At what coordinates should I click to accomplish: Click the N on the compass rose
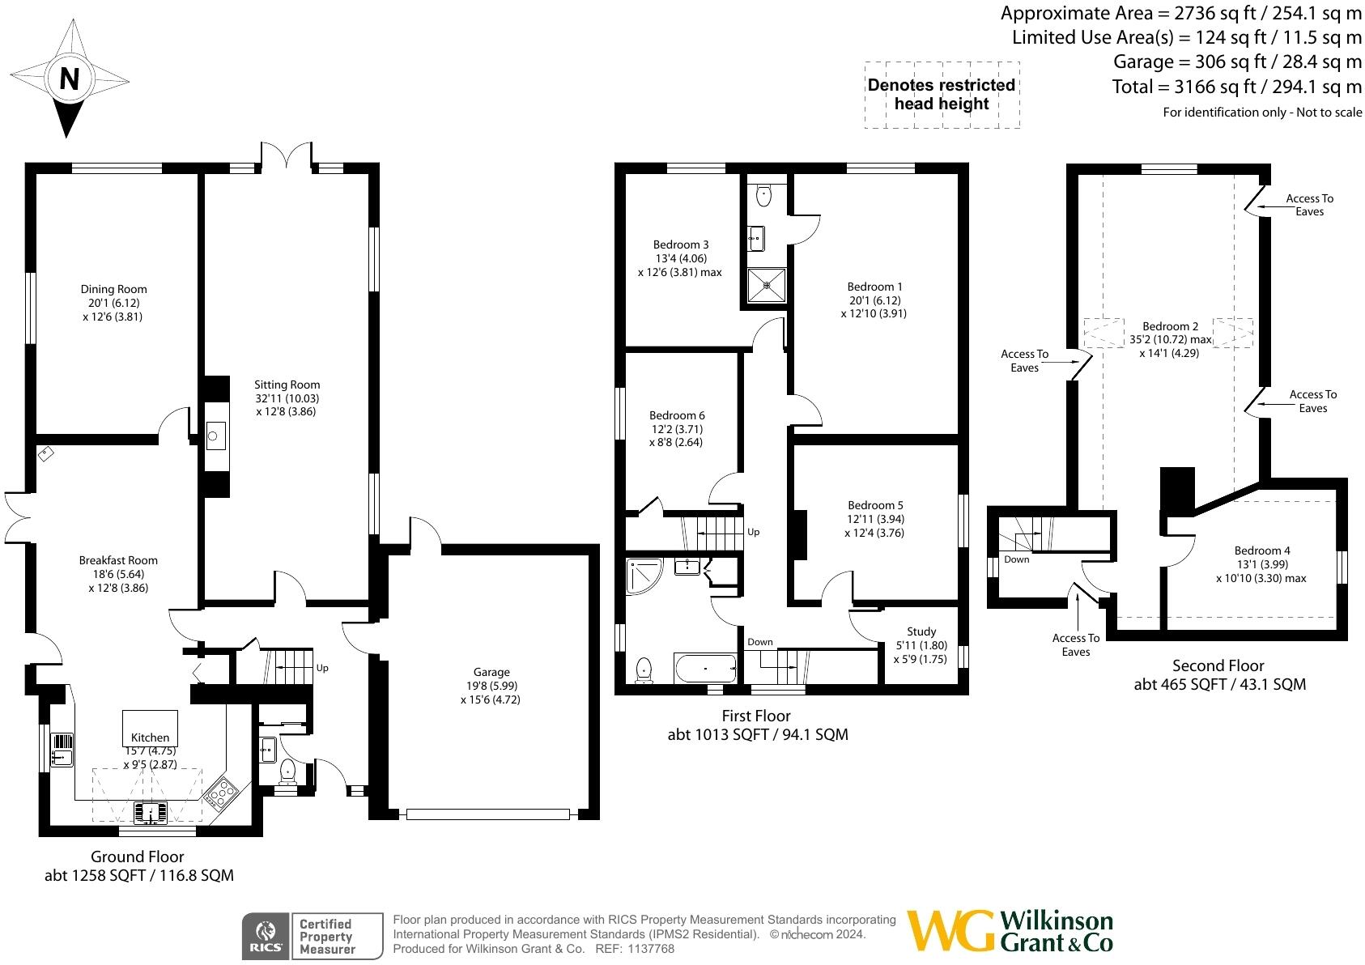click(70, 79)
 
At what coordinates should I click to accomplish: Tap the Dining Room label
click(113, 289)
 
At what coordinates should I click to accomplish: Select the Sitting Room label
click(287, 385)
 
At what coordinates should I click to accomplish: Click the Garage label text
click(491, 672)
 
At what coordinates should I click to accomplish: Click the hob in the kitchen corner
click(219, 793)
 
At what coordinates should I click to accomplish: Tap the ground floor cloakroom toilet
click(287, 773)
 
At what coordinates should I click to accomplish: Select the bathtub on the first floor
click(705, 669)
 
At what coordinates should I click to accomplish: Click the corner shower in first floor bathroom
click(644, 575)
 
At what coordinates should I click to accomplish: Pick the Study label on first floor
click(921, 631)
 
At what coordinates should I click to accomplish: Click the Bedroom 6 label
click(677, 415)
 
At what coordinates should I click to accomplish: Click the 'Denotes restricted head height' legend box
click(942, 95)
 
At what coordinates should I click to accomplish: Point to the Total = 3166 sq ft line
click(1236, 87)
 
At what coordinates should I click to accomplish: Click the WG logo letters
click(950, 931)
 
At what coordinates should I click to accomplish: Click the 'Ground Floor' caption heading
click(137, 857)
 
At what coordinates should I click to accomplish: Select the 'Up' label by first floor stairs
click(753, 532)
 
